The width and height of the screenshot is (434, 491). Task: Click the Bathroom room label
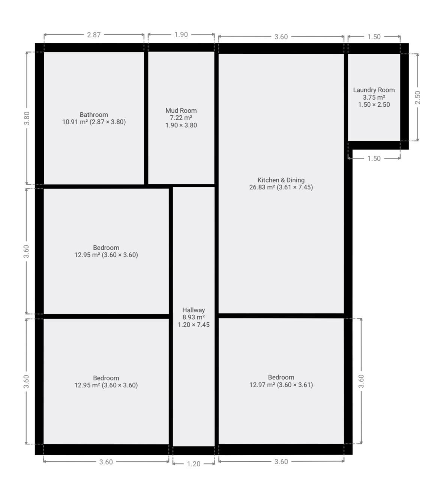point(94,115)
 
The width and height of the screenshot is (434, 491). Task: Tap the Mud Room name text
point(181,110)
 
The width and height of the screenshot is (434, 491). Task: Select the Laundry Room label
point(374,90)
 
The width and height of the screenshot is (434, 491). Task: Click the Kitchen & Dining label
point(281,180)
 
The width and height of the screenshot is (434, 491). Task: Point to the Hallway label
point(194,310)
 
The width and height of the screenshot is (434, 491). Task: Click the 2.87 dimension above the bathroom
point(94,35)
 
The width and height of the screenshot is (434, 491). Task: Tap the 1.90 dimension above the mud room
point(181,35)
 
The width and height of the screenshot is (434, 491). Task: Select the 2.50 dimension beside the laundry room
point(417,97)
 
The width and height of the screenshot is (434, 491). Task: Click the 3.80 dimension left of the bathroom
point(27,118)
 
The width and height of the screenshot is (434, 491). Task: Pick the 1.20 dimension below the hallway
point(194,464)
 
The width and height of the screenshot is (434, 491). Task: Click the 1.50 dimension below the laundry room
point(374,158)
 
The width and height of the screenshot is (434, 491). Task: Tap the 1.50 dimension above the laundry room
point(374,36)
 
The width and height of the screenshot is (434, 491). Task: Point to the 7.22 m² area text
point(181,118)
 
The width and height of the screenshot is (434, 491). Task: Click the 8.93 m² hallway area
point(194,317)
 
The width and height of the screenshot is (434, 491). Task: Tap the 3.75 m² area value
point(374,97)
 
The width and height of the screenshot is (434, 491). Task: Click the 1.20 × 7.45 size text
point(194,325)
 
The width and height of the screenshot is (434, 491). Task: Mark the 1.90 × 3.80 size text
point(181,125)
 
